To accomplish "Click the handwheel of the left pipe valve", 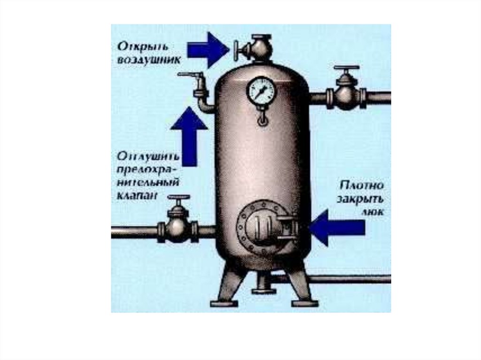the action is click(x=178, y=198).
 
